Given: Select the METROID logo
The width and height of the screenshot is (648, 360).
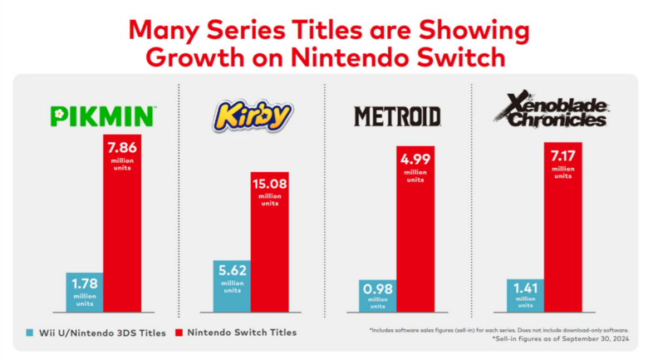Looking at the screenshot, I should tap(397, 116).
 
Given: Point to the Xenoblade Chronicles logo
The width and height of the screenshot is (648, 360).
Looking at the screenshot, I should tap(547, 111).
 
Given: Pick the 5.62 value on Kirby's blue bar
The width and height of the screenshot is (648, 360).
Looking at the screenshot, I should tap(232, 272).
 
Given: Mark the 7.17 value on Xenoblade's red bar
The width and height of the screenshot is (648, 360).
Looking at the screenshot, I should tap(562, 155).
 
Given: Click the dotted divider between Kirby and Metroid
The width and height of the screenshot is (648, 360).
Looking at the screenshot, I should tap(324, 200).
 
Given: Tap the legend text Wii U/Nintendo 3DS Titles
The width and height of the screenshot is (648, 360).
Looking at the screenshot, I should tap(97, 333).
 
